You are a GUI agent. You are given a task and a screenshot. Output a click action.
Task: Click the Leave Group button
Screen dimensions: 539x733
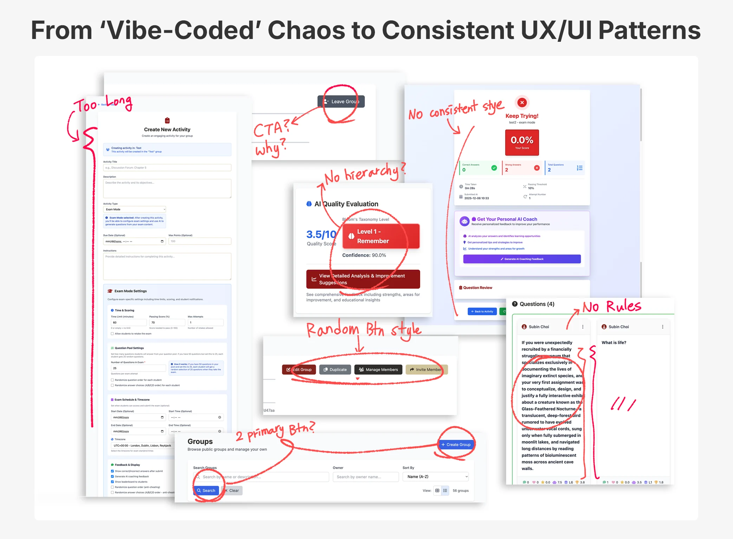pos(341,101)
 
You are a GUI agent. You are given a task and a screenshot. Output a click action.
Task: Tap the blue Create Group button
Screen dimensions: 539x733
pos(456,445)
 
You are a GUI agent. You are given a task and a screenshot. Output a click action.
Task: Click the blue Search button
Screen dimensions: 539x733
pos(206,491)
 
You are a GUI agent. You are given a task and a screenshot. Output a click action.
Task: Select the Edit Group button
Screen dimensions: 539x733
pos(299,370)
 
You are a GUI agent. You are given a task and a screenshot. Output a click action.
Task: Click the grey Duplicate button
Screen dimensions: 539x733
pos(335,370)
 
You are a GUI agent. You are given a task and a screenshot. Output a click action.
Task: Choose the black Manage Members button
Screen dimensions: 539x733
pos(378,370)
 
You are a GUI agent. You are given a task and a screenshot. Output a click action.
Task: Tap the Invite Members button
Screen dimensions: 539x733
pos(426,370)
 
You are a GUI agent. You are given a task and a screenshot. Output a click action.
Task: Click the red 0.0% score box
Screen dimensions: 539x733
pos(522,143)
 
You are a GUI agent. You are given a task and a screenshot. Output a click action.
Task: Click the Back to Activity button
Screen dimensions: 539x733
pos(482,311)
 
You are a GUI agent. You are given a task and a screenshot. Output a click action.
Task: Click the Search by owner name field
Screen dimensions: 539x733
pos(365,477)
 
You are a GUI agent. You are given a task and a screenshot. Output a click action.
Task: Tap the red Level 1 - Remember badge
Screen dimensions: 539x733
pos(381,236)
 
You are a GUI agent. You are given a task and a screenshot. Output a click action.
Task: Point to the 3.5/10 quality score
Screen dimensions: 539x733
pos(321,234)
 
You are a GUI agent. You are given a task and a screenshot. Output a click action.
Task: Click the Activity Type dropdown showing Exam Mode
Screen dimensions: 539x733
pos(134,209)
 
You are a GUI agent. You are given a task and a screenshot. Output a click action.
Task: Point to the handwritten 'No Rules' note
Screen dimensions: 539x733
pos(612,307)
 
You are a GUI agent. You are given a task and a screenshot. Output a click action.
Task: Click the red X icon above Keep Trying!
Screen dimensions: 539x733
pos(522,103)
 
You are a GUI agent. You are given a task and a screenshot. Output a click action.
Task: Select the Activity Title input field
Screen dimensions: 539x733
pos(167,168)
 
